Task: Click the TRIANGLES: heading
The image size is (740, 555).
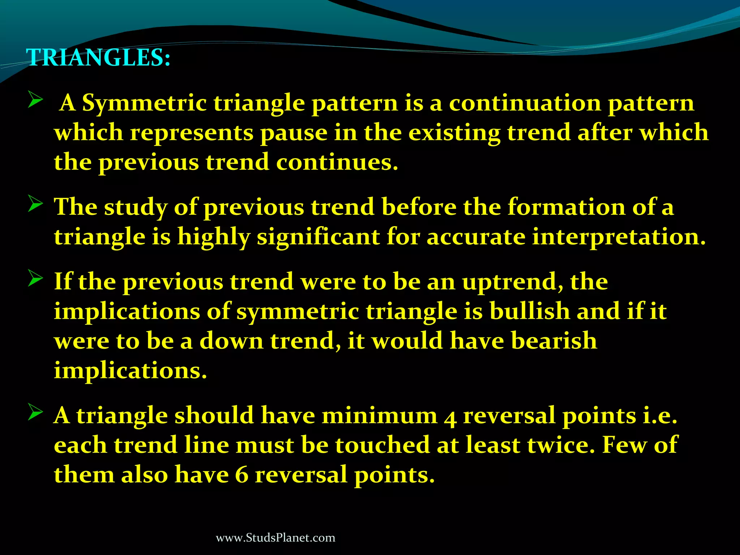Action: click(x=98, y=58)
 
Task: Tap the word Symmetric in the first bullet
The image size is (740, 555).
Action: click(x=144, y=104)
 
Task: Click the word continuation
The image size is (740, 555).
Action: click(x=525, y=104)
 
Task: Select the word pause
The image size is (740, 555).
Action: click(x=293, y=133)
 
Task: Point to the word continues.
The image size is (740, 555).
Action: click(x=337, y=162)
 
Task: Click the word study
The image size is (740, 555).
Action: click(x=136, y=208)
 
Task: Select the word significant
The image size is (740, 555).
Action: click(x=318, y=237)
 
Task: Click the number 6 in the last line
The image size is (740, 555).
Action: click(x=241, y=475)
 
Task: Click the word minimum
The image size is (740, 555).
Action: click(x=379, y=416)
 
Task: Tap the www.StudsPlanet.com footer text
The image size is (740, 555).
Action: click(x=275, y=538)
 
